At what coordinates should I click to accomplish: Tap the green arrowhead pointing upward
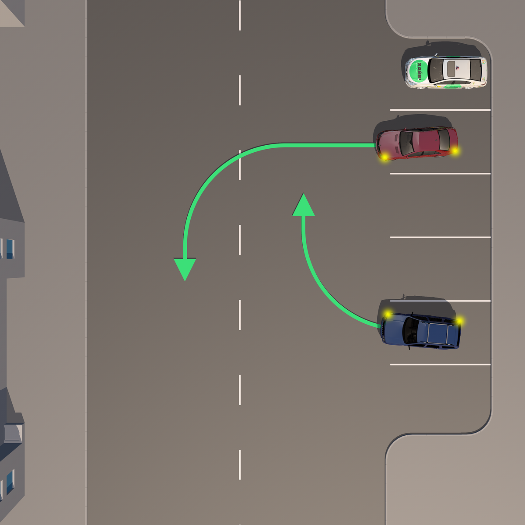click(x=303, y=206)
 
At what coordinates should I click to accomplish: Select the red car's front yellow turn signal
click(x=385, y=157)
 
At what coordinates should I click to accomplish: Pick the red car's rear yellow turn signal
click(x=455, y=151)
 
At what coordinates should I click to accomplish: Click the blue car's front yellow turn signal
click(x=388, y=314)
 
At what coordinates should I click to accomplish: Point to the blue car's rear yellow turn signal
click(x=459, y=322)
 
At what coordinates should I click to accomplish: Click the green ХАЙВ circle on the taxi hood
click(x=418, y=71)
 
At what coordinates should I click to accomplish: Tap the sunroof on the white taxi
click(x=451, y=69)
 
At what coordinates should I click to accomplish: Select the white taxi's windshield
click(x=436, y=70)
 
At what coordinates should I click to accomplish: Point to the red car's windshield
click(x=406, y=143)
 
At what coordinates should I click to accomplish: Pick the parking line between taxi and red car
click(x=440, y=110)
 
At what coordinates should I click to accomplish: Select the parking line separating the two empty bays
click(x=440, y=237)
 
